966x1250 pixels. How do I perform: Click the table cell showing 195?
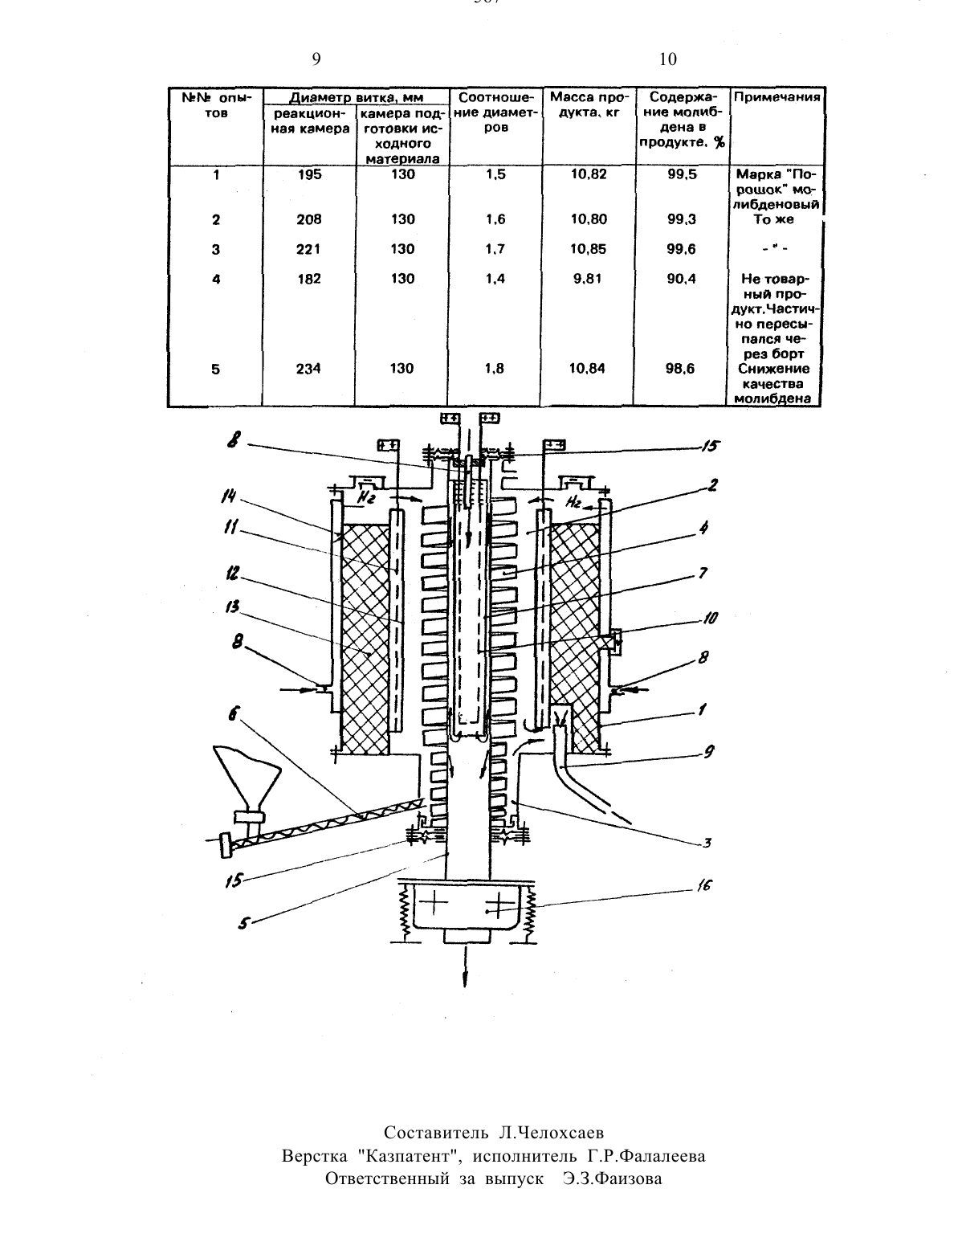(x=309, y=174)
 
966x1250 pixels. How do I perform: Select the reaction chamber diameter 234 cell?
(x=308, y=368)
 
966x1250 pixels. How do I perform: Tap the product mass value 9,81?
(x=587, y=279)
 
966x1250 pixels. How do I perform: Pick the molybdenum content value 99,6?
(x=682, y=249)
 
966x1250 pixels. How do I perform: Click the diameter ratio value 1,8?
(x=495, y=368)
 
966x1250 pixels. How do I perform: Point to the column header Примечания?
(x=776, y=96)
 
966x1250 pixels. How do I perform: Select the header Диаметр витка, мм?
(x=356, y=97)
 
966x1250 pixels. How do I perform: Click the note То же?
(x=773, y=219)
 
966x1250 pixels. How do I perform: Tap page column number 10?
(x=667, y=59)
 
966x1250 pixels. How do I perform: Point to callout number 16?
(x=703, y=885)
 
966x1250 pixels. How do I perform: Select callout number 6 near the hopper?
(x=233, y=714)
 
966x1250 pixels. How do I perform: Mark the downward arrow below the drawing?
(x=465, y=966)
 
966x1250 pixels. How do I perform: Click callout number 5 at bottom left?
(x=244, y=925)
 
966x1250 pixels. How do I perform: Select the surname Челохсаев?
(x=552, y=1133)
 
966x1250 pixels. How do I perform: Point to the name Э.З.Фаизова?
(x=613, y=1179)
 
